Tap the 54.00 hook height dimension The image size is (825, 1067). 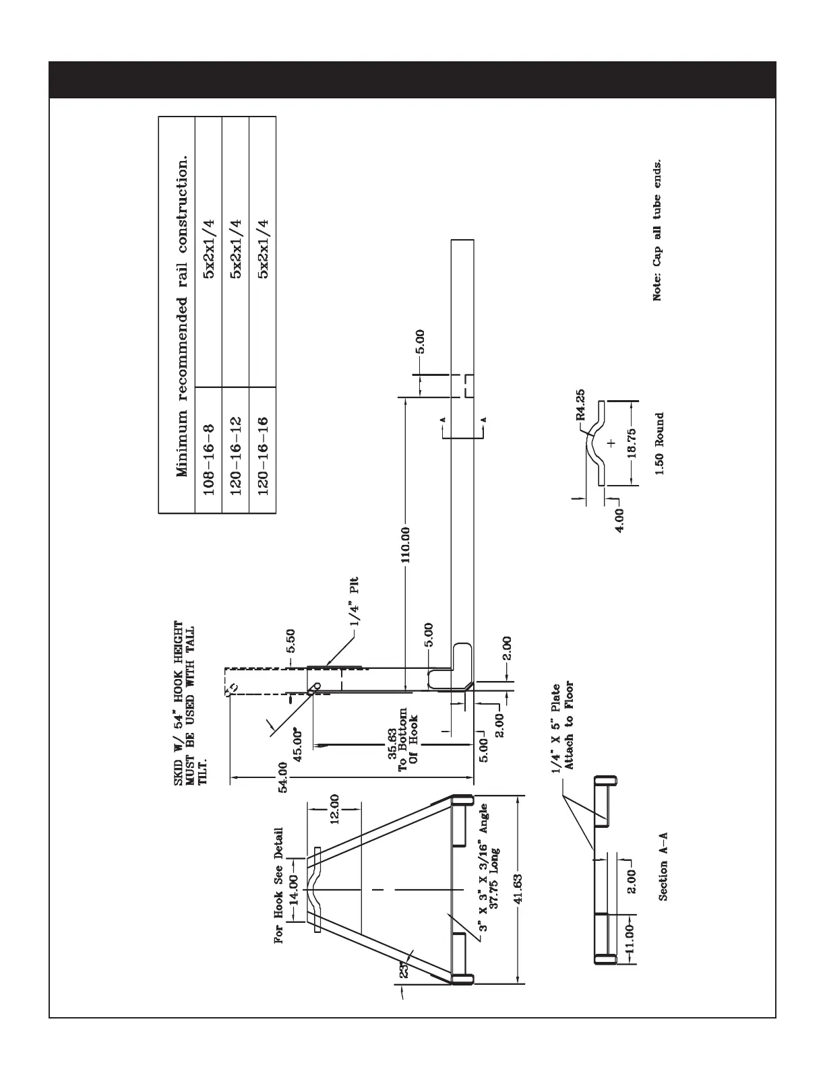(x=283, y=779)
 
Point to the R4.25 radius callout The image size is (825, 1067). (x=580, y=406)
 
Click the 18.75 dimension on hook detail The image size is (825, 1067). (x=631, y=443)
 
